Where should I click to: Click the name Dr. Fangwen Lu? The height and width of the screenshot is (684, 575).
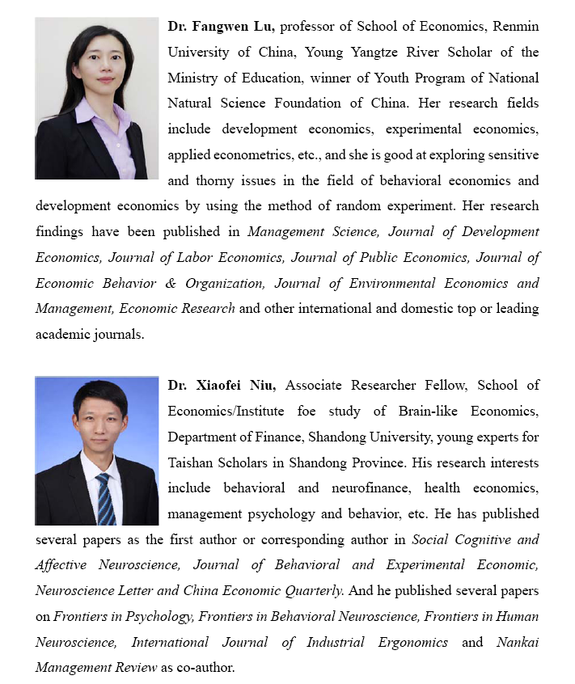222,27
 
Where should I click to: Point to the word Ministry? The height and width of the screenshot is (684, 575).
192,78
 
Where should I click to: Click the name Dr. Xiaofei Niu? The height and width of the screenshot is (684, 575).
223,386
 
